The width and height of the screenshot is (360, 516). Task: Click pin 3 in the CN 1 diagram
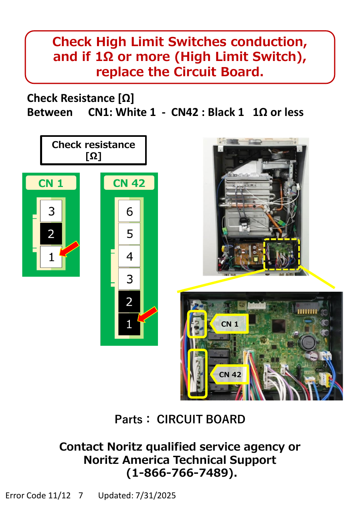51,211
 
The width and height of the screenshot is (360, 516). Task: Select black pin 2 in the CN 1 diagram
51,234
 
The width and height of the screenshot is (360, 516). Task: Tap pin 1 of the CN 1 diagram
51,257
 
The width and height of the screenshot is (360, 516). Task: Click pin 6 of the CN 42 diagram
129,211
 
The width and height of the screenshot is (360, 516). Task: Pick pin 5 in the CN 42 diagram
129,234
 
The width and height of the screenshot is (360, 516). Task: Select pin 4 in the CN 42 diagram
129,256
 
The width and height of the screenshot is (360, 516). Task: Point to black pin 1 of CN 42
129,324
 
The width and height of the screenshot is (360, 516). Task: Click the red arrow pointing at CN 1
69,249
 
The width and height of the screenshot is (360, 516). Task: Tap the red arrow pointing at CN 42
147,315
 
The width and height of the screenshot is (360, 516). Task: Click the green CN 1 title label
51,183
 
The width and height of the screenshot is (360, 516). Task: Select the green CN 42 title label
129,183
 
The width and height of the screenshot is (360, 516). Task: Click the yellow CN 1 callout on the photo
229,324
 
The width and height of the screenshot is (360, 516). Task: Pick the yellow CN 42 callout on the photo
229,374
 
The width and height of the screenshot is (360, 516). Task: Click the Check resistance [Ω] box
93,150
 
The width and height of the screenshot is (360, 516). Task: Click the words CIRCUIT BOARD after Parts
201,419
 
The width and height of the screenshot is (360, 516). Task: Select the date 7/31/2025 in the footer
156,496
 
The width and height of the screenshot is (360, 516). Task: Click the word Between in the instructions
50,112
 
